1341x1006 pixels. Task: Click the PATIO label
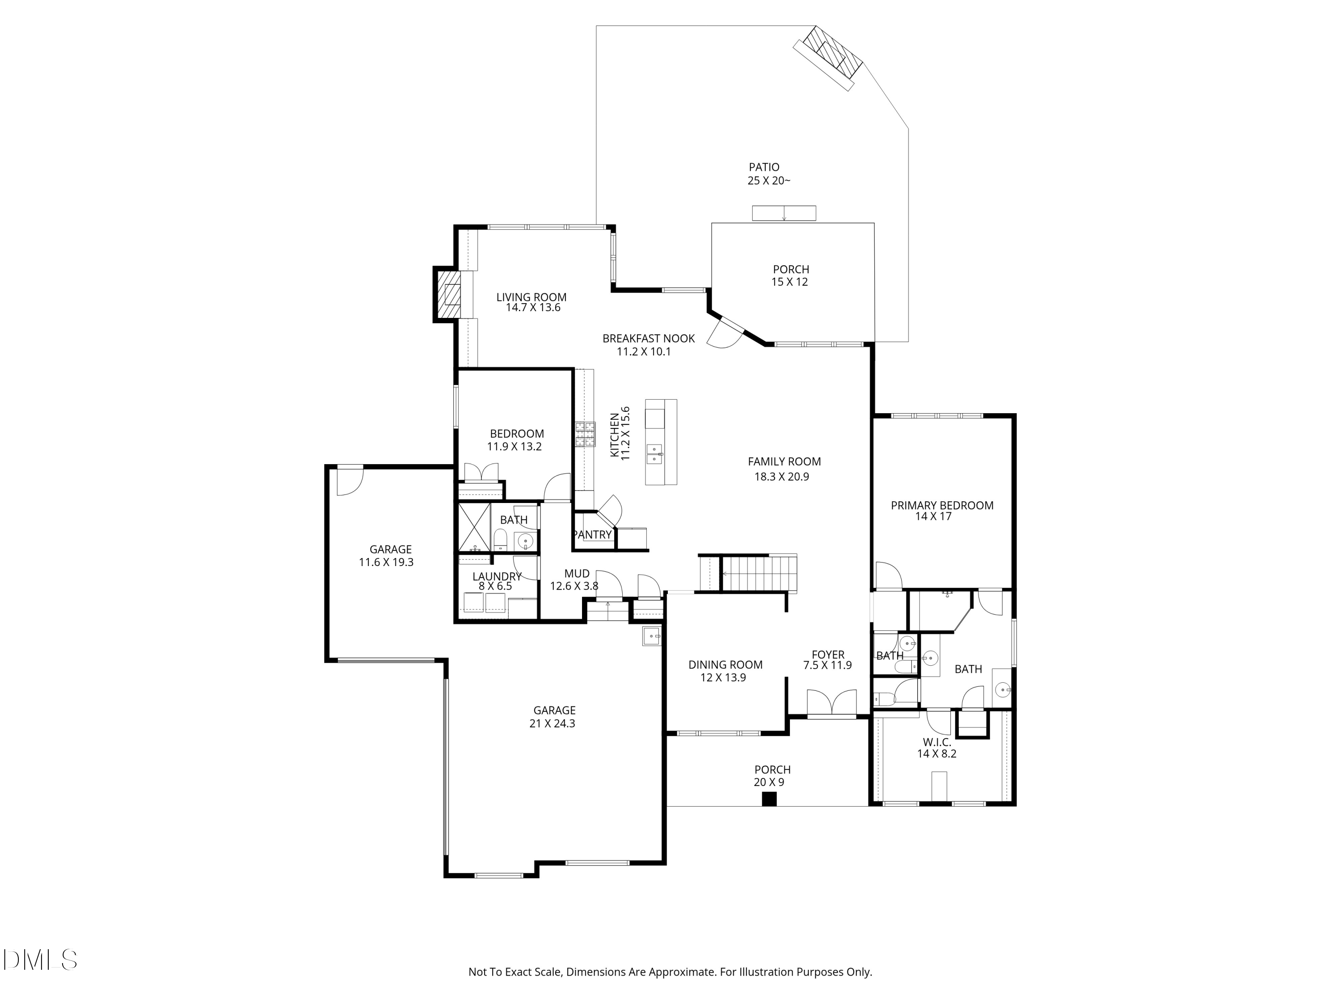point(764,167)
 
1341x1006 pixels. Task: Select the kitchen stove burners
point(585,434)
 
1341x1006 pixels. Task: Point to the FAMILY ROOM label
point(784,461)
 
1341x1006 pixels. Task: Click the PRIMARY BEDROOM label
point(942,505)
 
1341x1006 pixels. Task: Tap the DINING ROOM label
point(725,664)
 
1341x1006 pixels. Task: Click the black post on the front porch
point(769,799)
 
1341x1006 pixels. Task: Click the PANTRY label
point(592,535)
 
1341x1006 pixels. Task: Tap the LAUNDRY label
point(497,576)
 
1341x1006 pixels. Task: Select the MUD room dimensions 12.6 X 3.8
point(574,586)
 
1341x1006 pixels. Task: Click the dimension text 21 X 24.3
point(552,723)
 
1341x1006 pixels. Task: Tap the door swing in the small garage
point(350,482)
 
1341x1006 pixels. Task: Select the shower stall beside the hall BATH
point(474,528)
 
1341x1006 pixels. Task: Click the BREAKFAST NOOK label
point(649,338)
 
